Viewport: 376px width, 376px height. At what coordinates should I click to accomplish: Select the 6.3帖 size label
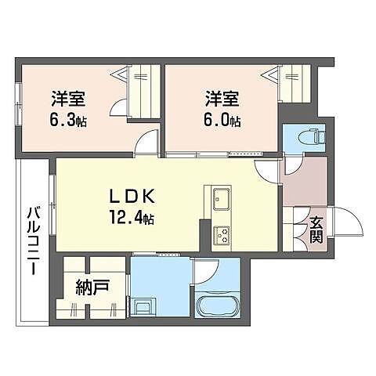[x=68, y=121]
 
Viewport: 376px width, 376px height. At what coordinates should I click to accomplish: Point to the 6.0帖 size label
[x=222, y=121]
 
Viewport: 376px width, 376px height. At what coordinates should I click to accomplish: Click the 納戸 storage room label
[x=92, y=287]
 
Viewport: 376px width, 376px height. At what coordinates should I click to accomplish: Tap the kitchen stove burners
[x=220, y=233]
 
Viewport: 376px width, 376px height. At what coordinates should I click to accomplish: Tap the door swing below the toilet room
[x=293, y=164]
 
